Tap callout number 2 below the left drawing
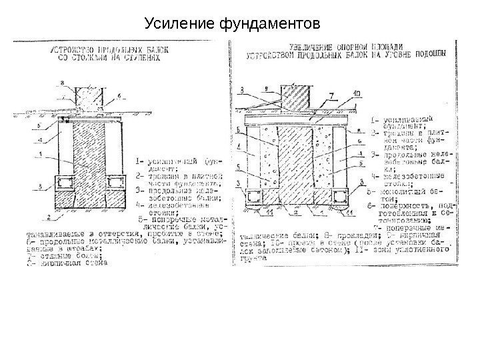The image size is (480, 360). click(x=49, y=217)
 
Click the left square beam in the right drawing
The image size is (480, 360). click(x=255, y=196)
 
